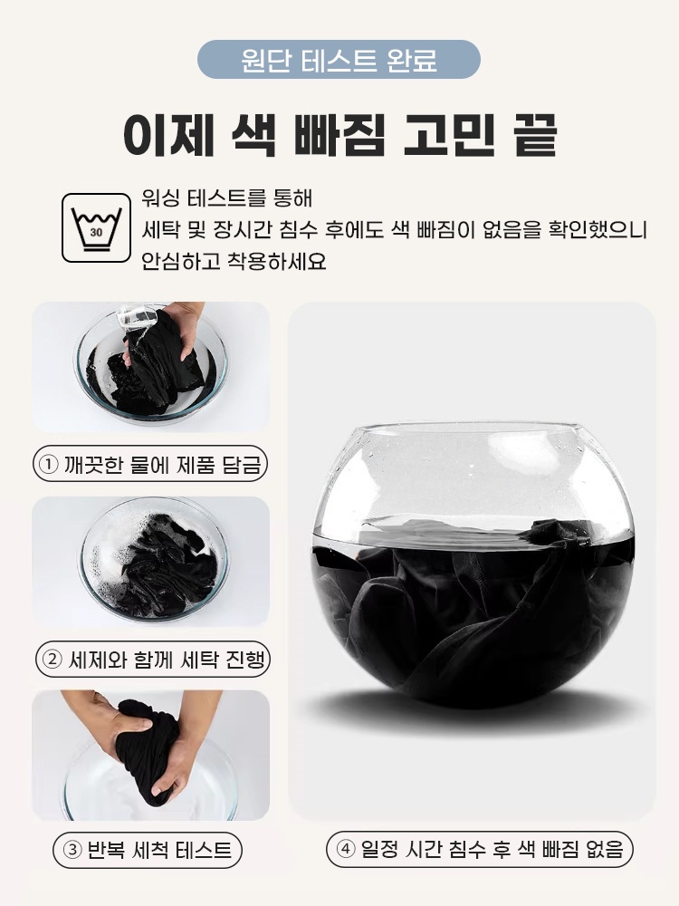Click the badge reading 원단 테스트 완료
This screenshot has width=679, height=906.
click(339, 60)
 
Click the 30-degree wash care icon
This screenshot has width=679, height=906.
click(96, 227)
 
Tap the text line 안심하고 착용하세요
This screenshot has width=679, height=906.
click(234, 262)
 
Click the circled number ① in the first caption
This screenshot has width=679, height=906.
click(48, 466)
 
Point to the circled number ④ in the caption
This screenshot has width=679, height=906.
click(344, 850)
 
